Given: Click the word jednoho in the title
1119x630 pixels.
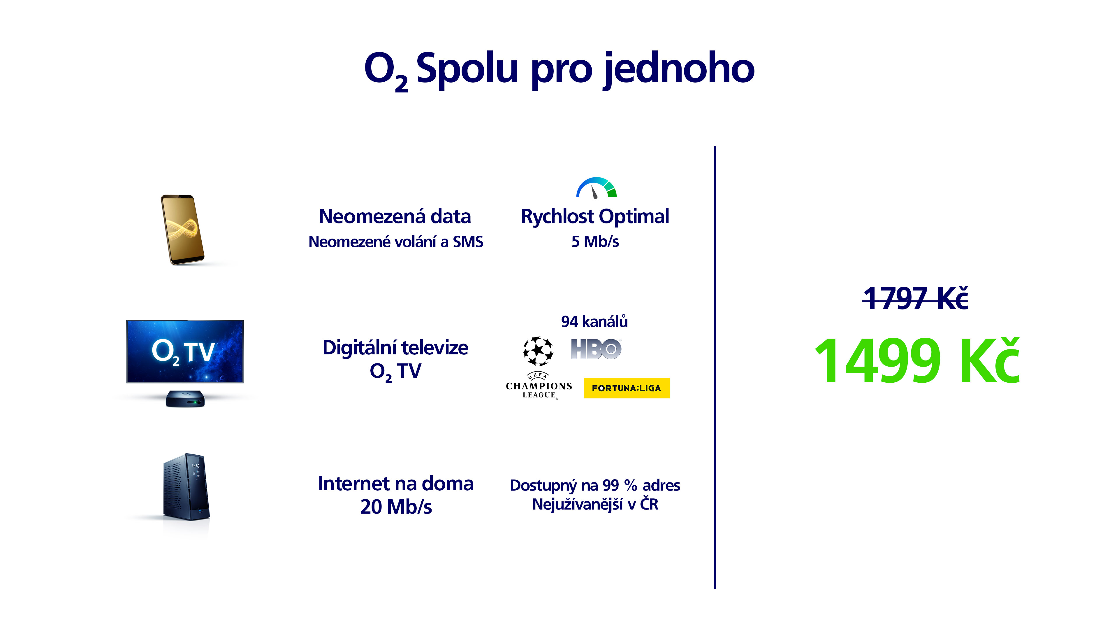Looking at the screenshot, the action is [679, 70].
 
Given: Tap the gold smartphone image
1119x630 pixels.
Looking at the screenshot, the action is [182, 230].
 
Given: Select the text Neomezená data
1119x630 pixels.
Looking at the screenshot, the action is [395, 216].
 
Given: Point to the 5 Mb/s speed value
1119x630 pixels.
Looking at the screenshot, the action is [595, 241].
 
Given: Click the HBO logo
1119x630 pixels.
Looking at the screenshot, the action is [596, 349].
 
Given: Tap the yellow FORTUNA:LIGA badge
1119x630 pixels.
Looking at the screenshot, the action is [627, 388].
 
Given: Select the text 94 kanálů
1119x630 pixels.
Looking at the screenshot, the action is [594, 322].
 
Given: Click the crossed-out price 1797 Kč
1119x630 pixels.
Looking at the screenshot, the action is [916, 298].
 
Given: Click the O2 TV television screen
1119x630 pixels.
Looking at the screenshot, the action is [185, 351].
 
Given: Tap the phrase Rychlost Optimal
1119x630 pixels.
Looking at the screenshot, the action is [595, 216].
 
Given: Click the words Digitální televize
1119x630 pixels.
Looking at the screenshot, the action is [395, 348].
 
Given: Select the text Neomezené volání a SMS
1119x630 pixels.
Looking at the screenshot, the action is [396, 242].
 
